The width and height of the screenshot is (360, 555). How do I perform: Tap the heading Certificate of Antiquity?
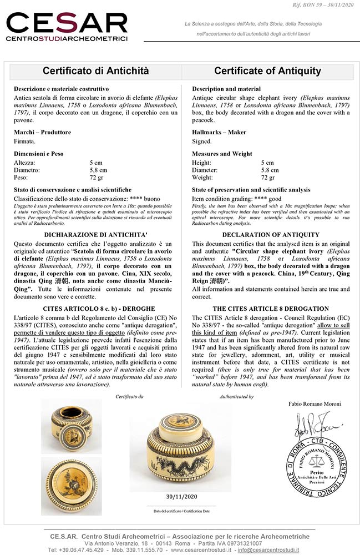[x=267, y=71]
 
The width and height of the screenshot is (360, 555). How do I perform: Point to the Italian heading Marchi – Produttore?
[x=42, y=132]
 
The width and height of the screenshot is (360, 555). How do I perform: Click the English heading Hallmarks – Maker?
[x=219, y=132]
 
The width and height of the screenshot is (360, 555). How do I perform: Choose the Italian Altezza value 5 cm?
[x=96, y=163]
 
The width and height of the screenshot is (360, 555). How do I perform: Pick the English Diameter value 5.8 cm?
[x=270, y=170]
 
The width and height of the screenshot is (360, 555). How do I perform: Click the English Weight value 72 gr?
[x=268, y=178]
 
